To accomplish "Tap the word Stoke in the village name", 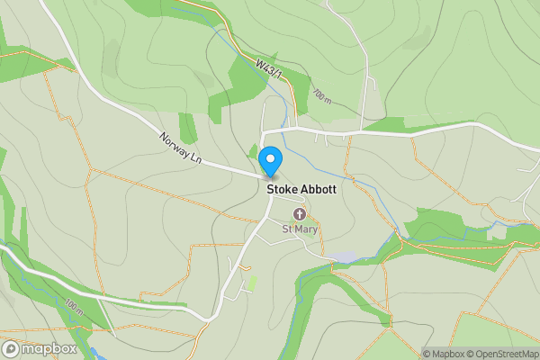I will [x=283, y=190].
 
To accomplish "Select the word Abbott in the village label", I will [x=319, y=190].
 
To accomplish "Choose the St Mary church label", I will [x=301, y=229].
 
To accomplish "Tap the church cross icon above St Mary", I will [x=300, y=213].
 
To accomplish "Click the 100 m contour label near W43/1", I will [x=321, y=94].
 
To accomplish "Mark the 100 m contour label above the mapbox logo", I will [x=75, y=307].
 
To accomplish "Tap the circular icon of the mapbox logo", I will [x=12, y=348].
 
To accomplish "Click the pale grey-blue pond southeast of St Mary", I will [x=345, y=257].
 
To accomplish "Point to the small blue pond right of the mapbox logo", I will [x=94, y=354].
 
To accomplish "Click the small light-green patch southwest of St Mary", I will [x=252, y=282].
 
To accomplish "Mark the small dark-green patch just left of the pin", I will [x=253, y=151].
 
